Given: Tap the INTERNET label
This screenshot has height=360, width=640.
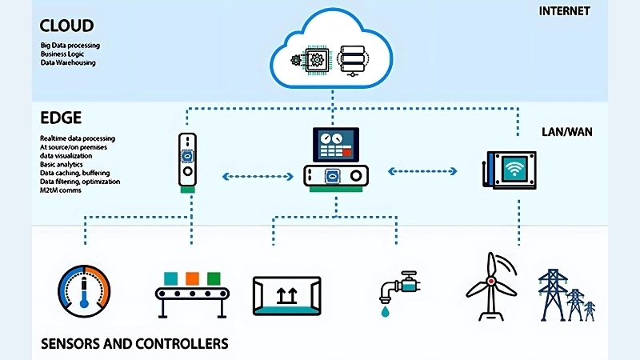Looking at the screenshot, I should point(565,11).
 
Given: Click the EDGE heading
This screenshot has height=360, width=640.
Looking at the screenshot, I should point(61,118).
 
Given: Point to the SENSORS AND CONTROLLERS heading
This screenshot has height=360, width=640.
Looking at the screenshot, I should point(134,344).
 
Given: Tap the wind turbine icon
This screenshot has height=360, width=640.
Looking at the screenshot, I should point(490,286).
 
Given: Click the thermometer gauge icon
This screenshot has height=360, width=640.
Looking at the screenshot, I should point(84,288).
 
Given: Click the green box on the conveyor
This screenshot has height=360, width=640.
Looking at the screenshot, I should point(213,278).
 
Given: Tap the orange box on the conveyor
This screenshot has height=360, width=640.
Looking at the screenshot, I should point(191,278).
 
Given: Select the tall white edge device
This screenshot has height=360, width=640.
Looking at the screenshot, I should point(186,161).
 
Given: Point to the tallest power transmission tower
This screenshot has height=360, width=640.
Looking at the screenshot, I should point(552,293).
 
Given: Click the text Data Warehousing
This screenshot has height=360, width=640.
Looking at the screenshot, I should point(68,62).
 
